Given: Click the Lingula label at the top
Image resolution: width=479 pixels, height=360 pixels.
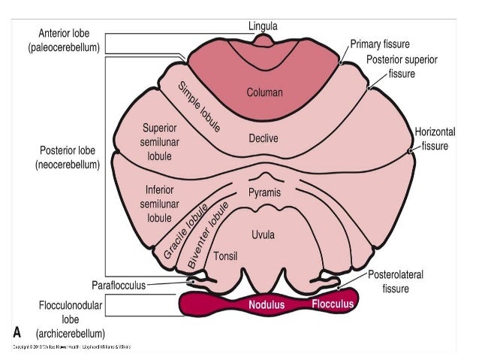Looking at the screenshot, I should (263, 26).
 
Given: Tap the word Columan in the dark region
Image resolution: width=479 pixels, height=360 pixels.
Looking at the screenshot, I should (264, 93).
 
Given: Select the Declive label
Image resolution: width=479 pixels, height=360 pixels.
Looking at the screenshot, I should (264, 138).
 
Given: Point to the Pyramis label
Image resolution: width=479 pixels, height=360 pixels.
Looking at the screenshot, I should (264, 193).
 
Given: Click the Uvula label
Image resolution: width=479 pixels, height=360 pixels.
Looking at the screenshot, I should (263, 234).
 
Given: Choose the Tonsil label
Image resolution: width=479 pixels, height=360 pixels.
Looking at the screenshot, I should (226, 256).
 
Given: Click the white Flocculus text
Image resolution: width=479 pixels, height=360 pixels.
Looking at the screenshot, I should (332, 304).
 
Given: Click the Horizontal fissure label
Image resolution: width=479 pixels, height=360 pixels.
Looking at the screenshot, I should (435, 138).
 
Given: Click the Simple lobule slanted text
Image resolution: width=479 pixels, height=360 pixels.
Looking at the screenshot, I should (199, 107).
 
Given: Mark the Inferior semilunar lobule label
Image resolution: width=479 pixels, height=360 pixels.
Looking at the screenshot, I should (158, 203).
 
